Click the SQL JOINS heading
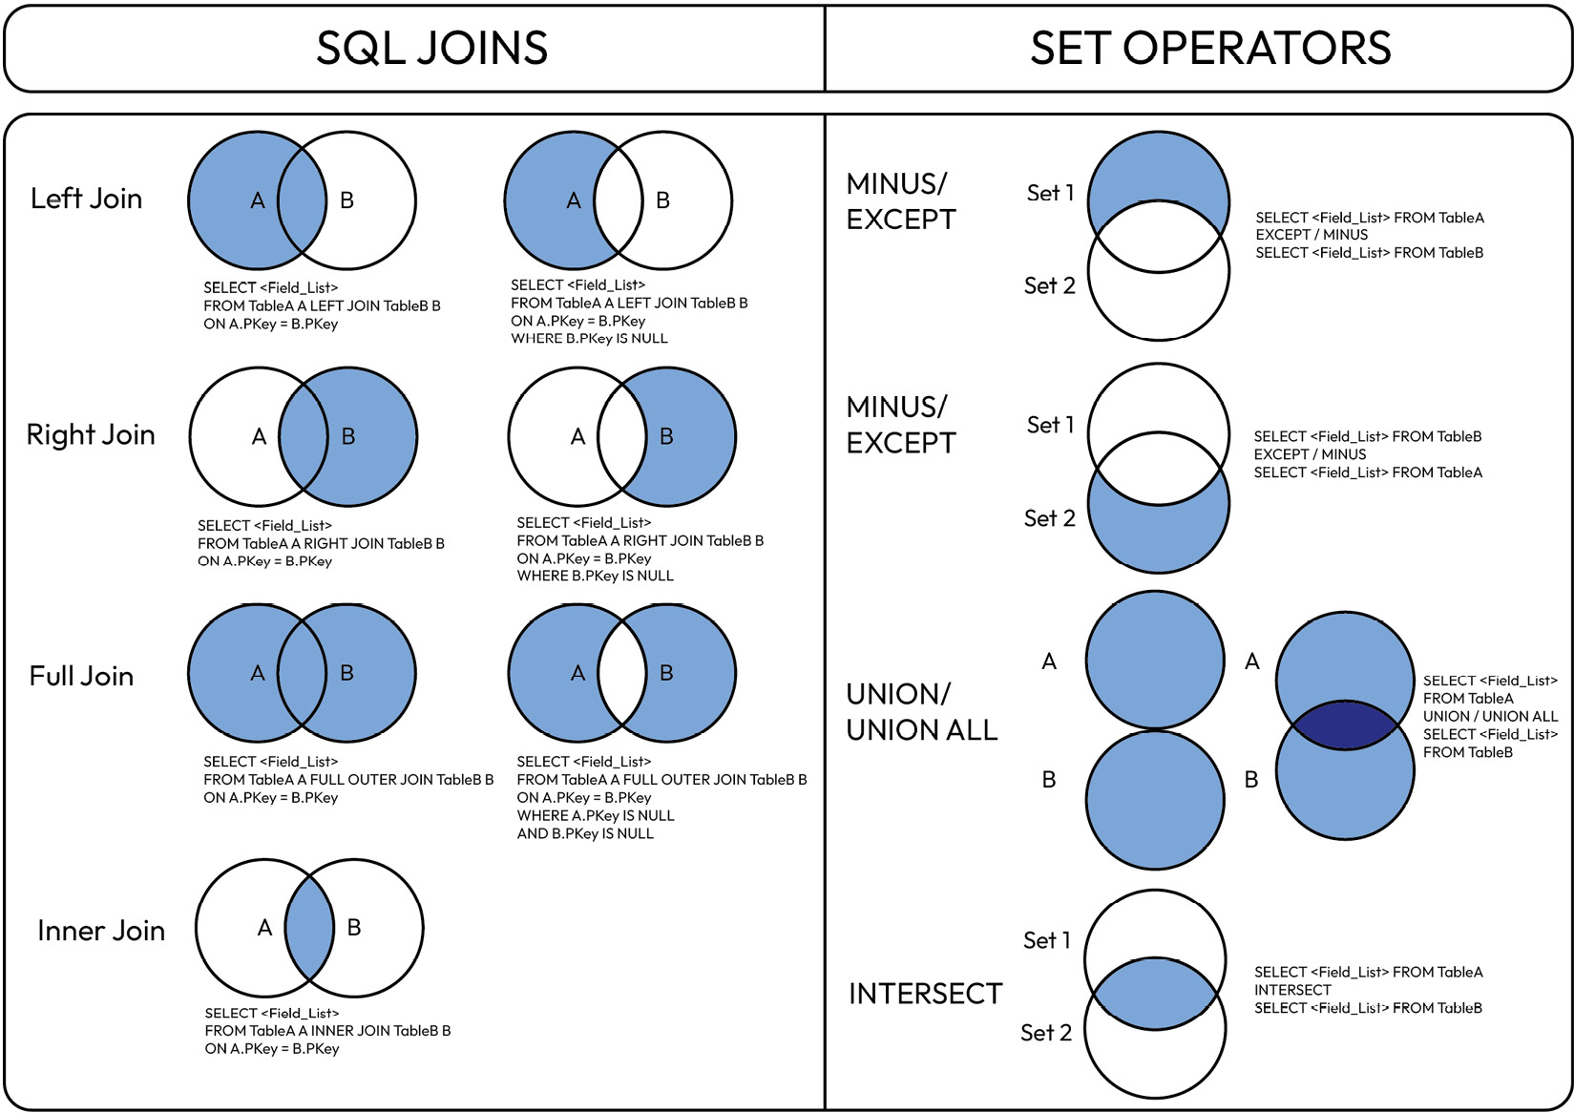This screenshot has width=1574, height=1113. pos(431,48)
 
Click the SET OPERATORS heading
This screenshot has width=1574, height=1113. pos(1210,48)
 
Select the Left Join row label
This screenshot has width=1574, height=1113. pos(86,199)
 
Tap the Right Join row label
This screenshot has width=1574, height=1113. pos(91,434)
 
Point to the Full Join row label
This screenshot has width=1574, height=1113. pos(81,676)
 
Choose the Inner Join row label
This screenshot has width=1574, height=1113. pos(101,931)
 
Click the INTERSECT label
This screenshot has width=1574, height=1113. pos(925,994)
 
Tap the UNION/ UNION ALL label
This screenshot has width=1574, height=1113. pos(921,712)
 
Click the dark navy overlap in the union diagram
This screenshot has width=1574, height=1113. pos(1345,725)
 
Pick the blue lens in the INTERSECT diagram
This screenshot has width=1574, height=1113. pos(1155,994)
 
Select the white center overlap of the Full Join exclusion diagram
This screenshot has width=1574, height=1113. pos(622,673)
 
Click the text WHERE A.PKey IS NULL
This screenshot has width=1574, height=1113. pos(596,815)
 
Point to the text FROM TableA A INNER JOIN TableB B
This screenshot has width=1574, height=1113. pos(327,1031)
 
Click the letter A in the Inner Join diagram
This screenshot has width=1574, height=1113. pos(265,928)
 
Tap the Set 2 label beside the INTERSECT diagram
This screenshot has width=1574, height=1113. pos(1046,1033)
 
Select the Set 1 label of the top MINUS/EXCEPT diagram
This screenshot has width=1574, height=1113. pos(1050,193)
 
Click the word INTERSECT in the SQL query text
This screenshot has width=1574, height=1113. pos(1292,990)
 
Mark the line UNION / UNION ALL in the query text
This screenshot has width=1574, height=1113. pos(1490,716)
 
